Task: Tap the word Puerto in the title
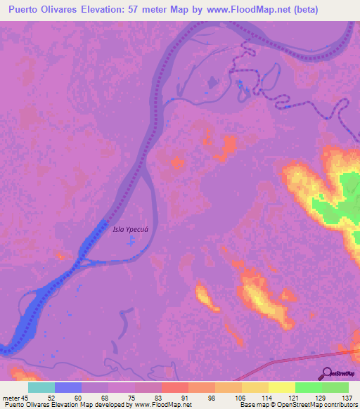27,10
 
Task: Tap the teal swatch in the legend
41,387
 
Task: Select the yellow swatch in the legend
281,387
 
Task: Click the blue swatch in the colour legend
69,387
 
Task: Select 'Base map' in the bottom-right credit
254,405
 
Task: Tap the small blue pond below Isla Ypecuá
131,243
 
